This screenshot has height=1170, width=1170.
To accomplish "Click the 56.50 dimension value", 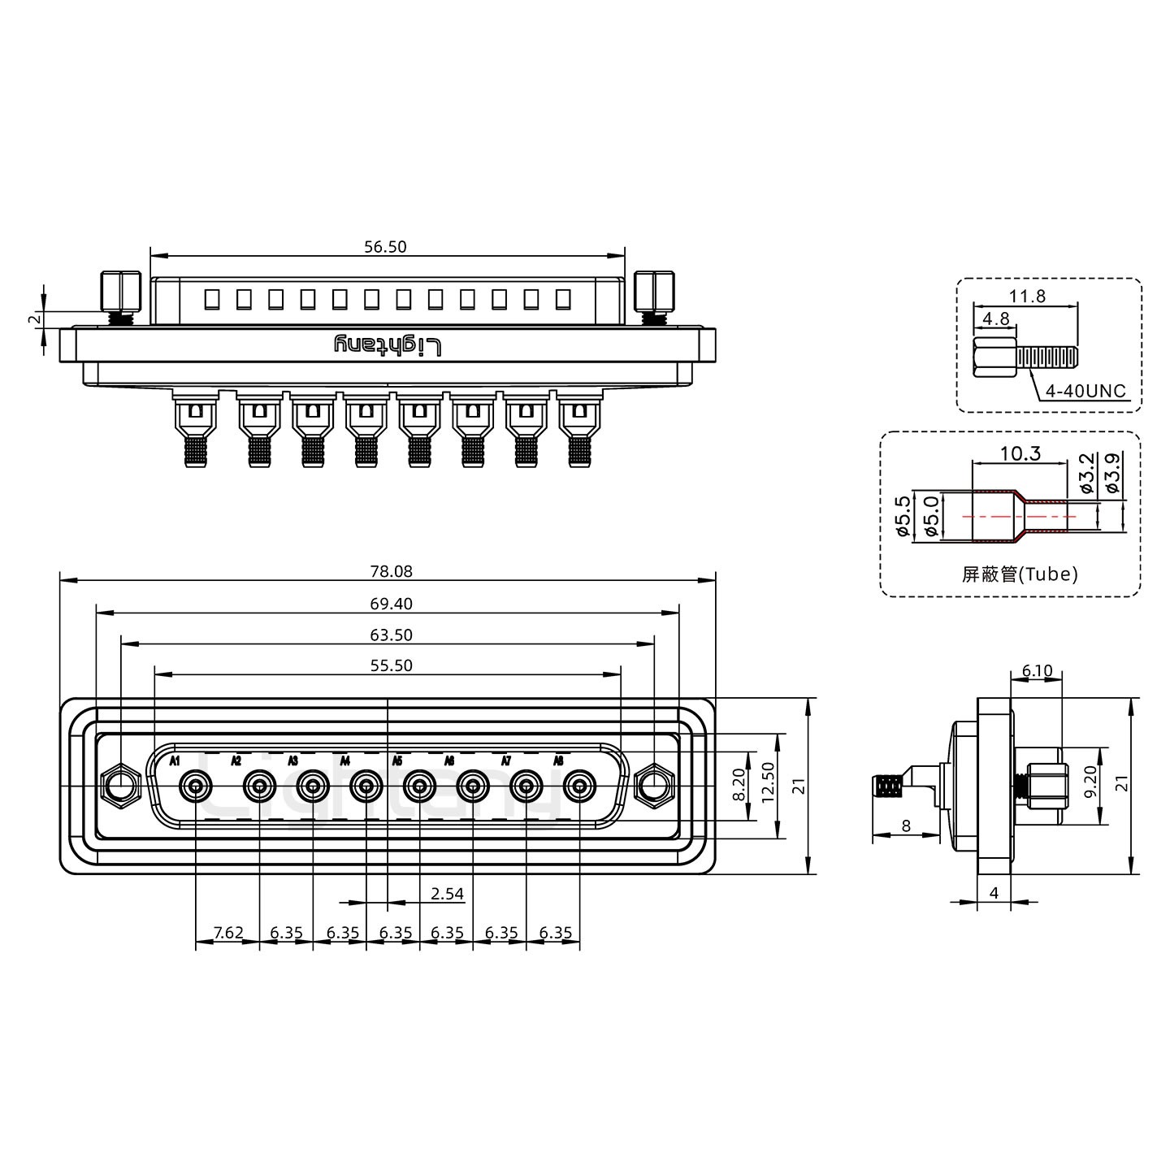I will coord(385,246).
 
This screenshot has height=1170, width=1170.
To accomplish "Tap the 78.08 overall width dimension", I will coord(392,571).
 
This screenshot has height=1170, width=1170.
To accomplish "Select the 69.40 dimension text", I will coord(392,604).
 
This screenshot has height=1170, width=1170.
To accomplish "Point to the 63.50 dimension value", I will coord(392,635).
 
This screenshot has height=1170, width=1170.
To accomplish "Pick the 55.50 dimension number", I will coord(392,665).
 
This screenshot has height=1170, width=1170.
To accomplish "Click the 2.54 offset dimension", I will coord(447,894).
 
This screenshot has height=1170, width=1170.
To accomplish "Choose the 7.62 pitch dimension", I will coord(227,933).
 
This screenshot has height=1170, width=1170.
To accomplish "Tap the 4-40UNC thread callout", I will coord(1085,392).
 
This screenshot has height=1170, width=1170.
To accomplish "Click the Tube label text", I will coord(1020,574).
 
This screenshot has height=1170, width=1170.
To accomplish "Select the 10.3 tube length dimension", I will coord(1020,453).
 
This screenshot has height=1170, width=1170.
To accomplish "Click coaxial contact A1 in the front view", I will coord(196,786).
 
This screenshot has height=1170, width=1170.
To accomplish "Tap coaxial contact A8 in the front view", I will coord(579,786).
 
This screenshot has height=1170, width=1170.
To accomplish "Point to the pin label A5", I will coord(397,761).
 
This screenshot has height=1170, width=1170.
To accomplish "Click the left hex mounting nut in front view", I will coord(120,786).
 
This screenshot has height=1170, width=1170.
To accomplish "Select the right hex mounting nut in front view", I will coord(654,786).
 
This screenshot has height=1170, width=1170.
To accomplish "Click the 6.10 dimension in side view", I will coord(1037,671).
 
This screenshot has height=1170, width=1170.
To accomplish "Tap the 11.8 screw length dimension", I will coord(1027,297).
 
